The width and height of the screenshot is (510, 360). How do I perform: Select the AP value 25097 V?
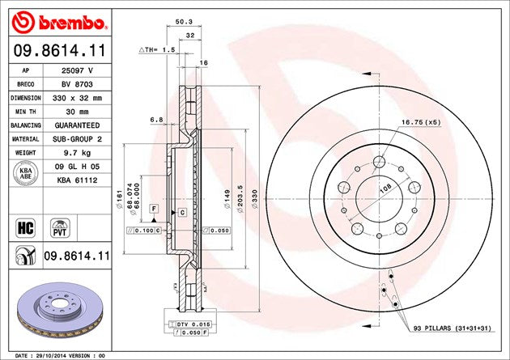point(78,70)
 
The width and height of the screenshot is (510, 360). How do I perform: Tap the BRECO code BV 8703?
point(78,84)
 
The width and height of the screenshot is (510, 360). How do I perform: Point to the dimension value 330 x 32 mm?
point(78,98)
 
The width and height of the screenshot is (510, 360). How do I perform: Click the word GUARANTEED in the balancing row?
point(78,125)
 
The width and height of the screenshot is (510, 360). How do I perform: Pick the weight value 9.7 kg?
point(78,153)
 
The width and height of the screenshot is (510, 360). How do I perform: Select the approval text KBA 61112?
point(78,180)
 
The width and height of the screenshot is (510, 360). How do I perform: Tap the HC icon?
point(23,226)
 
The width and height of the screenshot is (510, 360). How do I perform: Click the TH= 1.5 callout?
point(157,50)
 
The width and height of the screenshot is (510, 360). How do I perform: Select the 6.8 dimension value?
point(156,121)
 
